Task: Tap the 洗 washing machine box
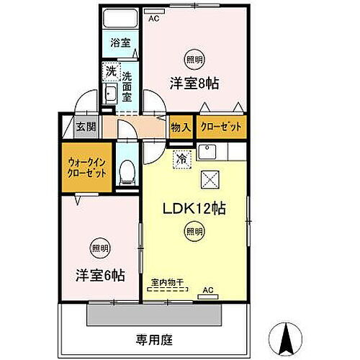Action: (110, 71)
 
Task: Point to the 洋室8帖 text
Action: (194, 83)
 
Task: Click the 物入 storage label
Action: (180, 127)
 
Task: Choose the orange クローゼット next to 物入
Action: (221, 127)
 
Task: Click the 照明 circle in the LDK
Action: (193, 231)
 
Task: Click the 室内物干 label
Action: (167, 282)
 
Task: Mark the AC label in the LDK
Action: (208, 290)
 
